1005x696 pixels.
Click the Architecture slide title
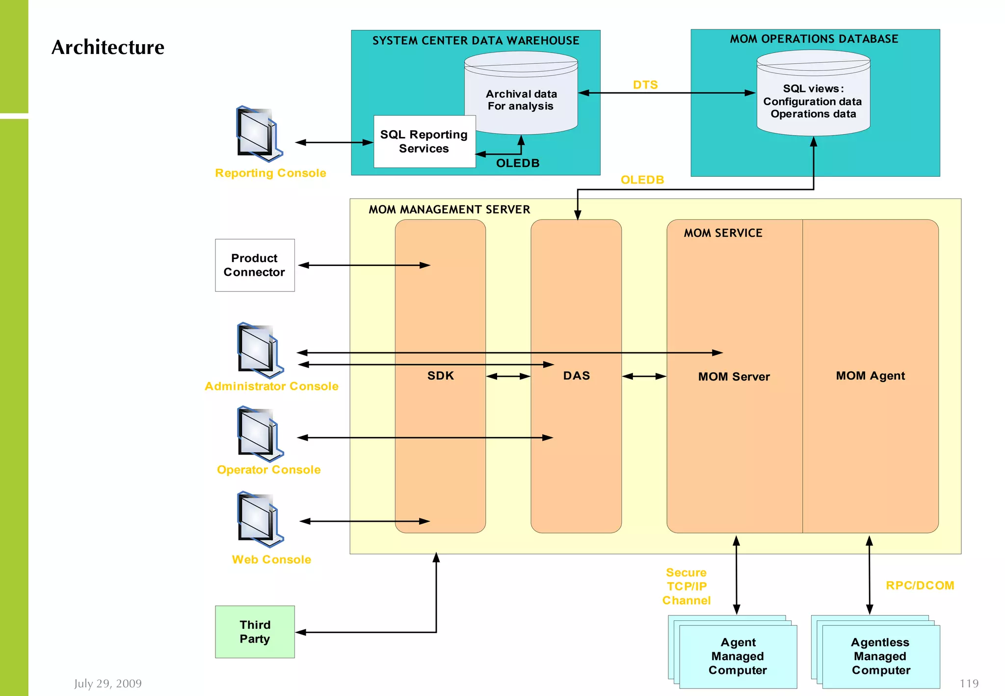point(108,47)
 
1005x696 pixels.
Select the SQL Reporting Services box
point(424,141)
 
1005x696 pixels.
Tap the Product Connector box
point(255,265)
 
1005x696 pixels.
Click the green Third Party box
point(255,632)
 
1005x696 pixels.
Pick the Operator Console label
point(269,470)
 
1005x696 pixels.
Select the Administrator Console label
point(271,386)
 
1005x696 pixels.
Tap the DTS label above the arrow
point(645,85)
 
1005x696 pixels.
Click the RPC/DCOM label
point(920,586)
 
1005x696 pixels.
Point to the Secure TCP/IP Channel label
point(687,587)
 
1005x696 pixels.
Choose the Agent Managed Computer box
point(738,656)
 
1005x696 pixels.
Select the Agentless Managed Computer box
point(881,656)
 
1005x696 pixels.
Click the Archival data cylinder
point(521,93)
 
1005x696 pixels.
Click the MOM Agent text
point(870,376)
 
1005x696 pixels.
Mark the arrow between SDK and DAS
point(508,376)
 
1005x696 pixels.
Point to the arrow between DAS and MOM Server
point(644,376)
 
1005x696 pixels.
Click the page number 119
point(969,683)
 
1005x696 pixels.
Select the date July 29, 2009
point(108,683)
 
